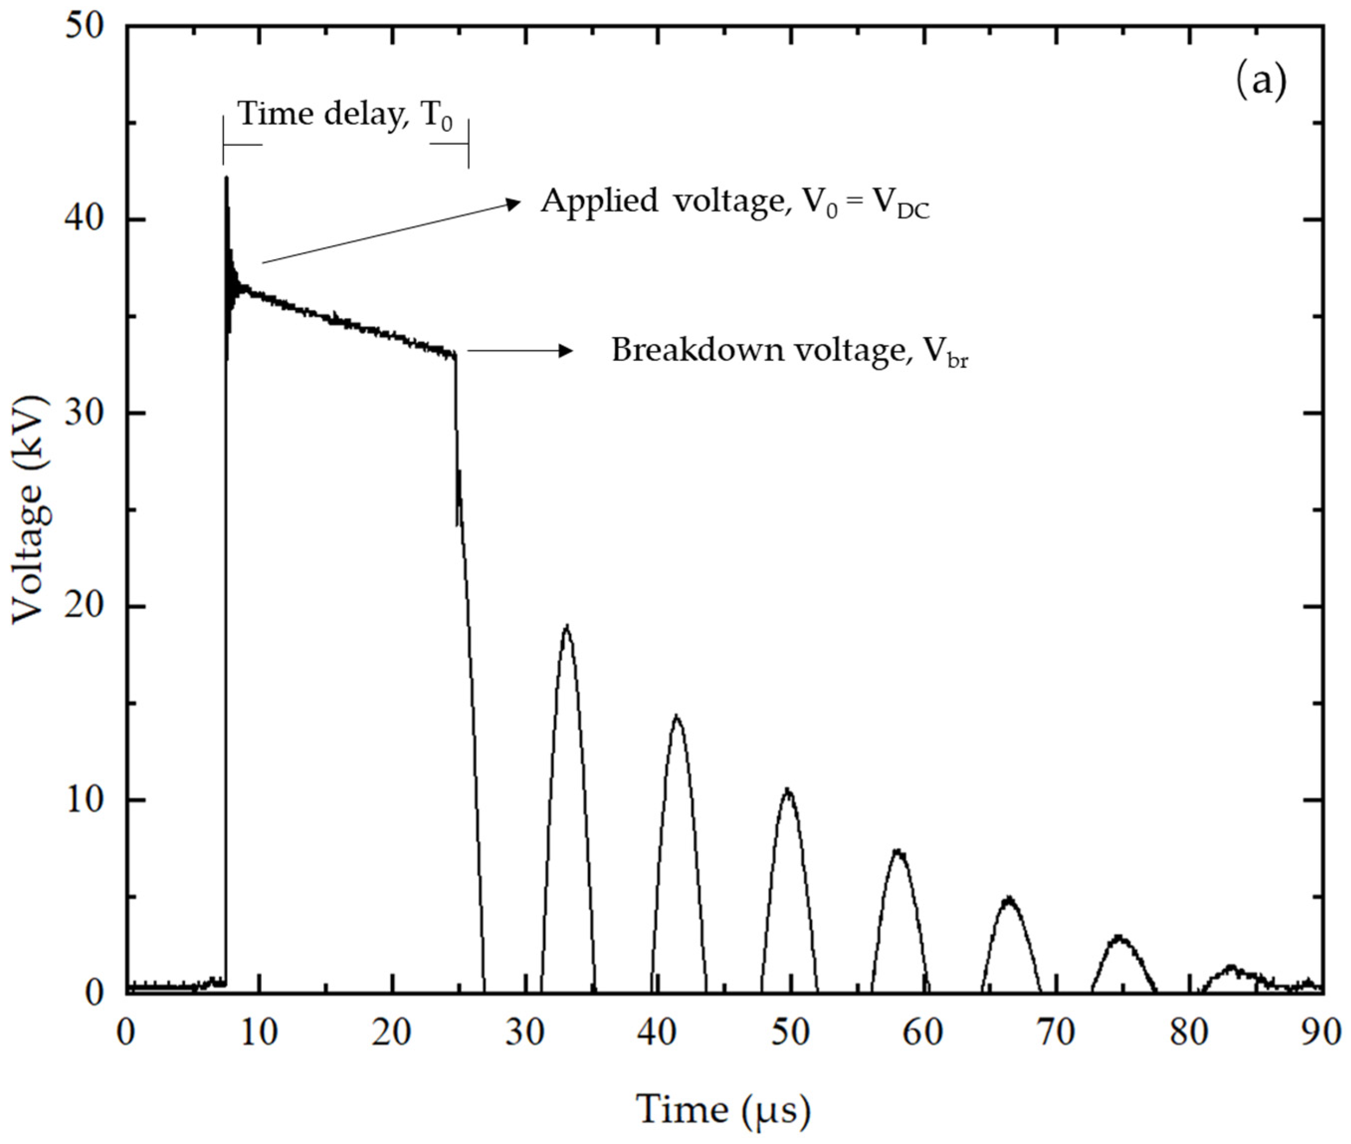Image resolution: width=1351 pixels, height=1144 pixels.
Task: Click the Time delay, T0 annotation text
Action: click(346, 115)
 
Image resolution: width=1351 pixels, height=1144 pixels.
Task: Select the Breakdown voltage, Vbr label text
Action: click(789, 351)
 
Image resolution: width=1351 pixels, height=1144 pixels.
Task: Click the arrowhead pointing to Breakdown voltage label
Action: click(567, 351)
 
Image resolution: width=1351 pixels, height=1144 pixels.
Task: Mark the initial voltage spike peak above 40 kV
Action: click(226, 177)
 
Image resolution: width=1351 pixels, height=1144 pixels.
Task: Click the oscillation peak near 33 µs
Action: click(567, 627)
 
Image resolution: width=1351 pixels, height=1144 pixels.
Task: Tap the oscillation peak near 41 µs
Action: click(677, 717)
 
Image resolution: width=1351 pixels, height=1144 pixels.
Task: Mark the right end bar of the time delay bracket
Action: click(469, 144)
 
